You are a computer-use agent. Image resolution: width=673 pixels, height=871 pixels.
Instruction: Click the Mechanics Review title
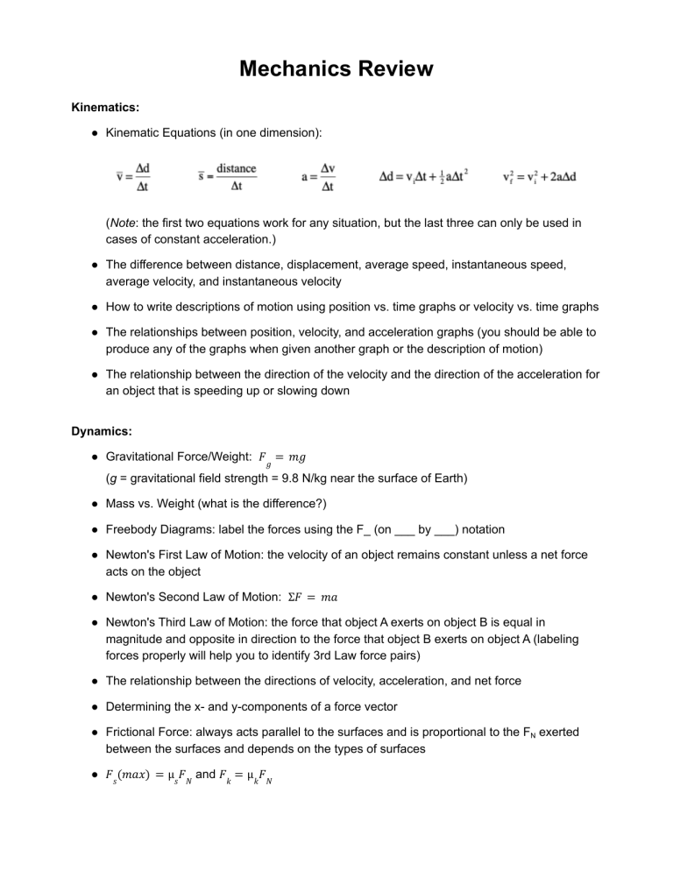(x=336, y=68)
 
